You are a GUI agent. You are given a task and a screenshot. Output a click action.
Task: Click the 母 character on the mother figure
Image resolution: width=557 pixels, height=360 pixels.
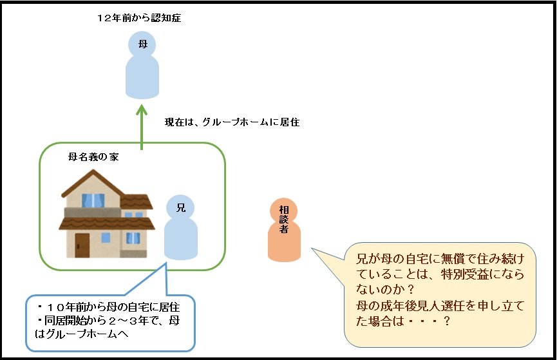click(x=141, y=45)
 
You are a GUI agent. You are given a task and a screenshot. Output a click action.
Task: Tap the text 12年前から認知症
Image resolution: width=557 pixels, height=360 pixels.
click(x=138, y=18)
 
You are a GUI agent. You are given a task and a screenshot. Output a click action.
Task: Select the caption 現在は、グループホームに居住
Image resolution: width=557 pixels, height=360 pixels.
click(x=232, y=122)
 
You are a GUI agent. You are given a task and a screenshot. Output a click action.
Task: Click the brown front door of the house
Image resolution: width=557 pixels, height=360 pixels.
click(x=82, y=245)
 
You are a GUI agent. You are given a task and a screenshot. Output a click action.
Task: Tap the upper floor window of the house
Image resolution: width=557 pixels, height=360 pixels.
click(x=94, y=200)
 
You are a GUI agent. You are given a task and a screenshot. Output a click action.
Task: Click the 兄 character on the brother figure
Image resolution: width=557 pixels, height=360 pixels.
click(x=180, y=207)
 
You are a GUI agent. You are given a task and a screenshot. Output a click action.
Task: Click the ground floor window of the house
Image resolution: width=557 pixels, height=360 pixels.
click(x=132, y=238)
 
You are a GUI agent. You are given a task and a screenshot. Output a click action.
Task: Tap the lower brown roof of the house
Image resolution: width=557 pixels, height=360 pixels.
click(x=106, y=224)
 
